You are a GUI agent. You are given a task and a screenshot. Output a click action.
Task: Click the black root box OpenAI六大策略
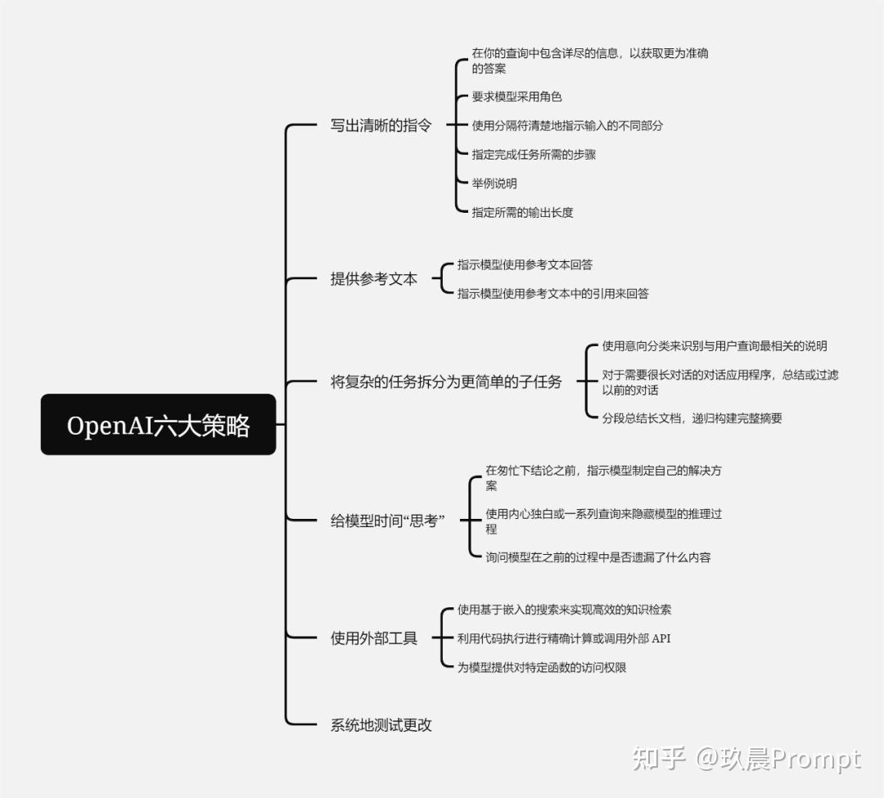click(x=158, y=425)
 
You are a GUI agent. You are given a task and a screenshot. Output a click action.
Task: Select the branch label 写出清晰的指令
click(x=381, y=126)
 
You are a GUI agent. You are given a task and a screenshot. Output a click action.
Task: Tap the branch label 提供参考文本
click(x=373, y=279)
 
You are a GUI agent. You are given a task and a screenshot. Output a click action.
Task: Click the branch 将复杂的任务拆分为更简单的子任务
click(x=445, y=381)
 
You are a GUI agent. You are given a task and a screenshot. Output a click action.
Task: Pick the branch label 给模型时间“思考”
click(x=387, y=521)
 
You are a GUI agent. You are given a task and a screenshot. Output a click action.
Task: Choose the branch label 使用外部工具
click(x=373, y=638)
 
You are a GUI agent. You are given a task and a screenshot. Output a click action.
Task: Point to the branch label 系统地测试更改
click(x=381, y=724)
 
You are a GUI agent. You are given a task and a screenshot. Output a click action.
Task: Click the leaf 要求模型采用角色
click(x=516, y=97)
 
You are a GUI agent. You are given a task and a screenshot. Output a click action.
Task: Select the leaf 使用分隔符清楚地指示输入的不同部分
click(x=567, y=126)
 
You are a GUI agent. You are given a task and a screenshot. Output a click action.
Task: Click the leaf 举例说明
click(x=494, y=183)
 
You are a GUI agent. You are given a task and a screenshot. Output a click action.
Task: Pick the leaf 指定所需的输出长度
click(x=522, y=212)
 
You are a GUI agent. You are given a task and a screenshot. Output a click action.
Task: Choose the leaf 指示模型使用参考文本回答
click(x=525, y=264)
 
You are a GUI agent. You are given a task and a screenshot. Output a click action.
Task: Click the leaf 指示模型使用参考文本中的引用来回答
click(x=552, y=293)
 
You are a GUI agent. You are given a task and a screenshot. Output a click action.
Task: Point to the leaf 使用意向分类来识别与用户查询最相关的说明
click(x=715, y=346)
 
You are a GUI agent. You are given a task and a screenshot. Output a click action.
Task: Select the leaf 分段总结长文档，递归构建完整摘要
click(x=692, y=418)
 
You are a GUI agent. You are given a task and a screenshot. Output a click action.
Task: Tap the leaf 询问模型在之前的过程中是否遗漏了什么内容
click(x=598, y=557)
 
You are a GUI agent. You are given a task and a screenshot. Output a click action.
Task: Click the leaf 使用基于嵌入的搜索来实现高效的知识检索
click(x=564, y=610)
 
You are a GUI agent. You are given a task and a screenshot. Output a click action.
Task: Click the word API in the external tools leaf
click(x=660, y=638)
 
